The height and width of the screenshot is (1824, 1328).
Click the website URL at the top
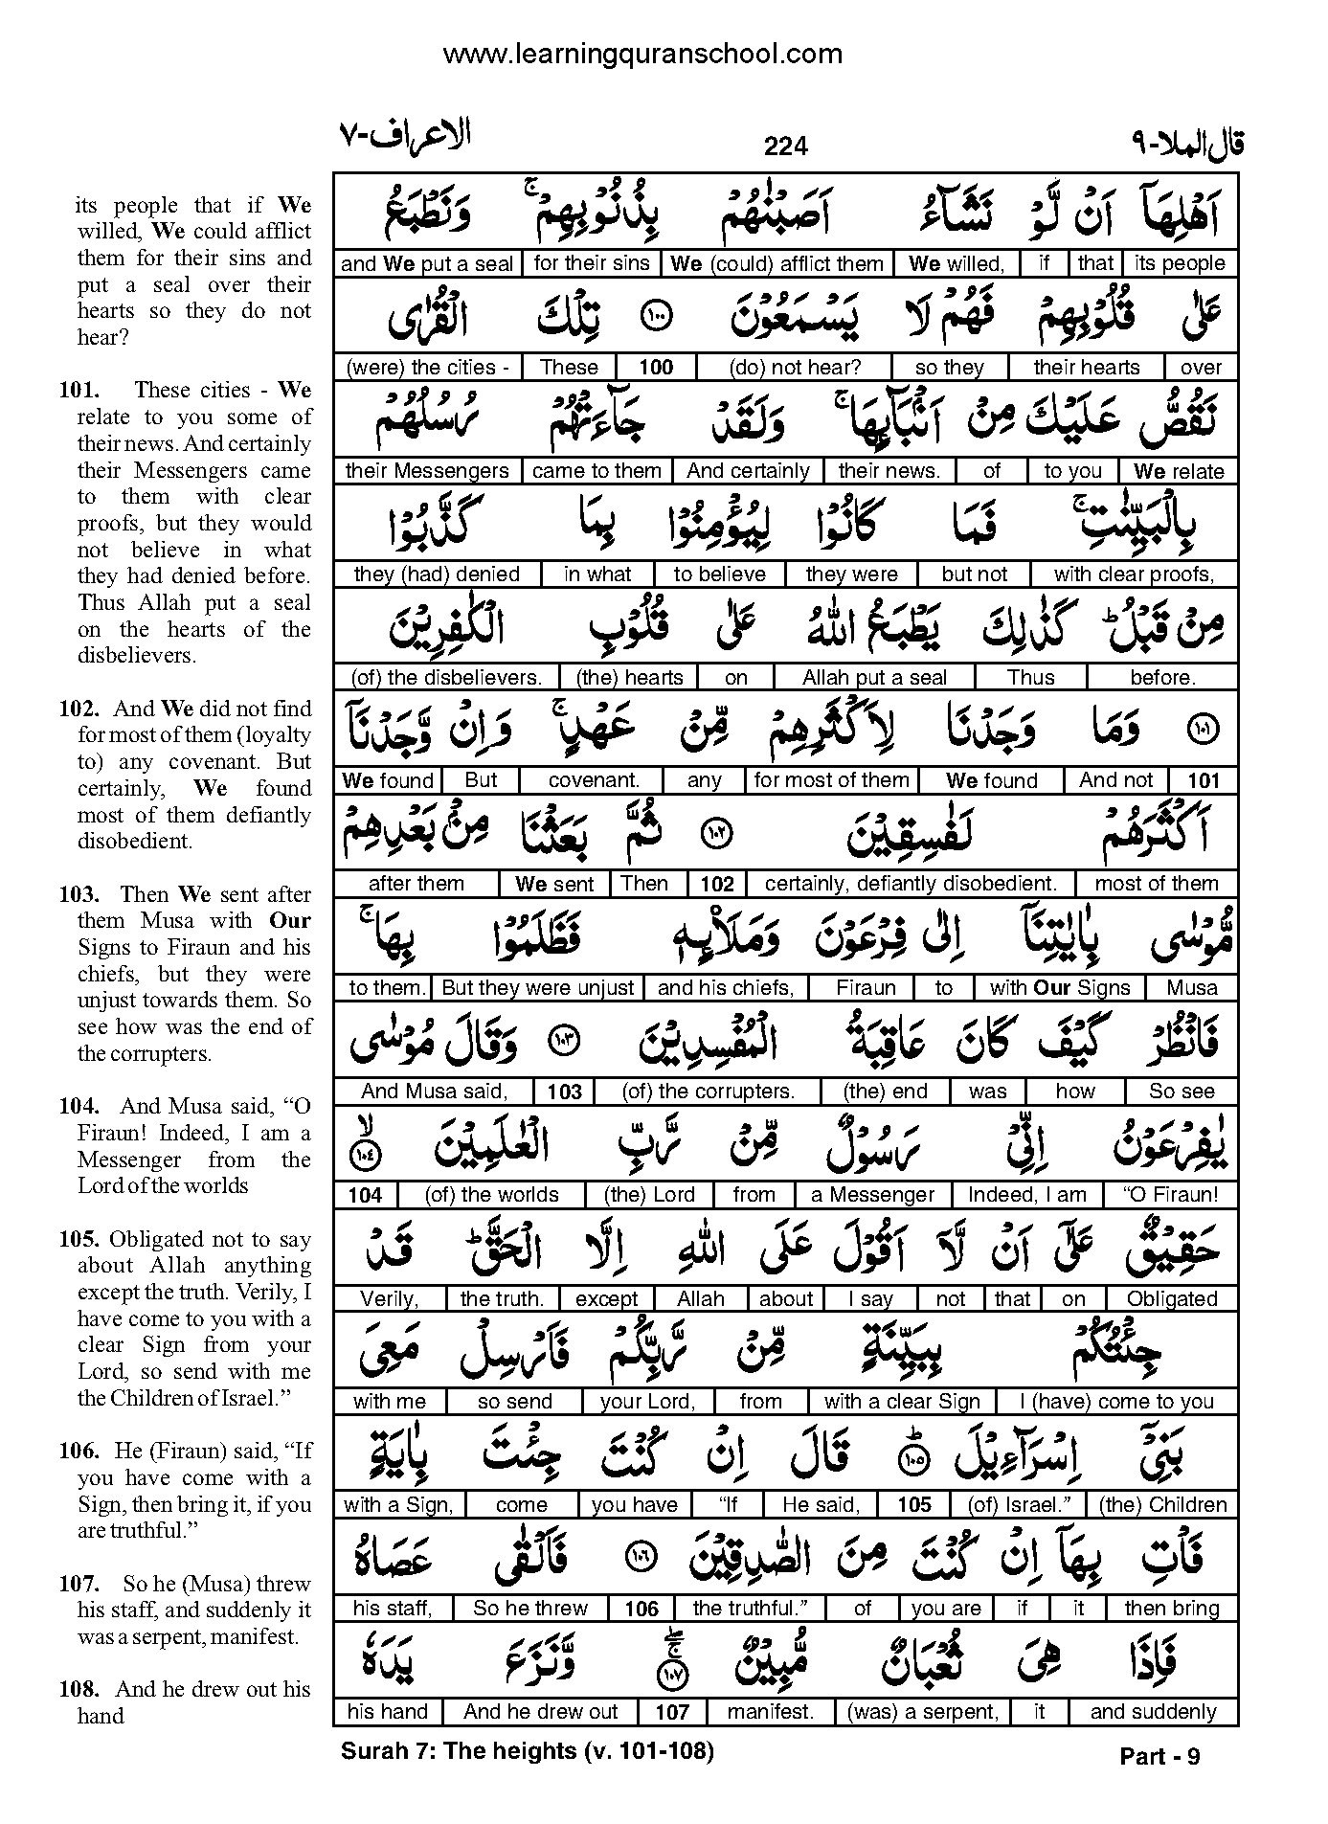642,55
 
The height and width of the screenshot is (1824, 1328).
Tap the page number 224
786,146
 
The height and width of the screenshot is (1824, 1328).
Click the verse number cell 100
656,367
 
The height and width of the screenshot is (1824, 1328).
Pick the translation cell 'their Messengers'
427,471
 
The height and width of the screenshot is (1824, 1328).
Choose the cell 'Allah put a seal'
874,678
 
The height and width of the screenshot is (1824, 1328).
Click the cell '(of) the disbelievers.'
446,678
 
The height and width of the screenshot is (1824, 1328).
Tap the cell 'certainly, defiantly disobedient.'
911,884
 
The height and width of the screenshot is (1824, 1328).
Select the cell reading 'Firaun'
866,988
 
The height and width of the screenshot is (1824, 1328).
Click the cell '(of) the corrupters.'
708,1092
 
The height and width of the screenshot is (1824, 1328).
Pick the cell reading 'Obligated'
1172,1299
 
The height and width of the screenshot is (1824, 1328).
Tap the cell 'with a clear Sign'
902,1402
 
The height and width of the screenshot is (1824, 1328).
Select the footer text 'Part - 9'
1159,1756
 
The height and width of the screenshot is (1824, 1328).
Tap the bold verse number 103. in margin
79,894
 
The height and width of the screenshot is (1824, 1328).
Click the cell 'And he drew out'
540,1712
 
